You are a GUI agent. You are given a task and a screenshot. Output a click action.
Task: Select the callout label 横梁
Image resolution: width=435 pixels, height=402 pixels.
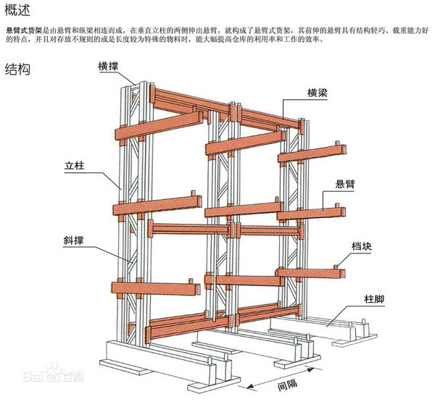(320, 92)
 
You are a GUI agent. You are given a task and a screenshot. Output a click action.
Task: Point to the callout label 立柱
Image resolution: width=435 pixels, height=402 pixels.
(74, 167)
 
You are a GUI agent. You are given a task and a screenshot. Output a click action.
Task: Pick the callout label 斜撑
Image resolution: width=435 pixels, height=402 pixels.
(74, 238)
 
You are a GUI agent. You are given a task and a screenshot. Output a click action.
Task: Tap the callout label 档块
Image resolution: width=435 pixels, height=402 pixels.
(362, 246)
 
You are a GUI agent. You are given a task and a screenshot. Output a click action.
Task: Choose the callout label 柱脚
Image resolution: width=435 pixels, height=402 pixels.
(375, 298)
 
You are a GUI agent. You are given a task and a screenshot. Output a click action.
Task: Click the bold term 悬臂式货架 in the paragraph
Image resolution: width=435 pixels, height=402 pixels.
(23, 31)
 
